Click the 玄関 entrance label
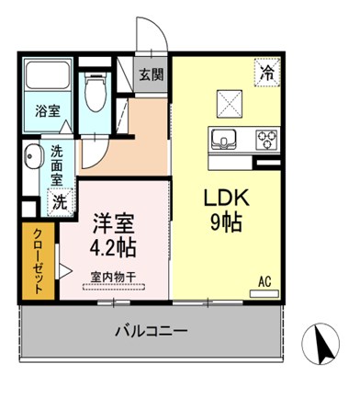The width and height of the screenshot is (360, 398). pyautogui.click(x=152, y=74)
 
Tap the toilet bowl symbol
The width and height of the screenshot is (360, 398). pyautogui.click(x=95, y=92)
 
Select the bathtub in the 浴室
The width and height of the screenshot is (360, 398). pyautogui.click(x=47, y=75)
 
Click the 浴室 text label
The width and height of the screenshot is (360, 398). pyautogui.click(x=48, y=111)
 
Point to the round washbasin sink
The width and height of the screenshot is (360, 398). pyautogui.click(x=31, y=156)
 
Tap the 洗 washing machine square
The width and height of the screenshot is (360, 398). pyautogui.click(x=60, y=202)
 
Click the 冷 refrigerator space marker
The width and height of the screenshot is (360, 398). pyautogui.click(x=267, y=73)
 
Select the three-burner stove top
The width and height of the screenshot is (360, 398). pyautogui.click(x=266, y=140)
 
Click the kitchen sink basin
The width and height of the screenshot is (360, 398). pyautogui.click(x=223, y=140)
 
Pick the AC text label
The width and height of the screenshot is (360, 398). pyautogui.click(x=264, y=282)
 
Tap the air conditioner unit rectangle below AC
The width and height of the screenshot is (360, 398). pyautogui.click(x=264, y=293)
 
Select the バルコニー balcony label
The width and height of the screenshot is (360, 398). pyautogui.click(x=151, y=331)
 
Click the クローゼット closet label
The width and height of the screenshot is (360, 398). pyautogui.click(x=38, y=261)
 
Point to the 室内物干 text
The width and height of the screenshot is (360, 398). pyautogui.click(x=113, y=278)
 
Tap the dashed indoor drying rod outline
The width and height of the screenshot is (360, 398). pyautogui.click(x=114, y=287)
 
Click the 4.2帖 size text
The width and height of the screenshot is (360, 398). pyautogui.click(x=113, y=248)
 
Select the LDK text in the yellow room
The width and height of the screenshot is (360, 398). pyautogui.click(x=227, y=199)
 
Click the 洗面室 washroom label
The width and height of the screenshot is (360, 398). pyautogui.click(x=57, y=165)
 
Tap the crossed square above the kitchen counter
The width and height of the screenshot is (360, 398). pyautogui.click(x=230, y=104)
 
